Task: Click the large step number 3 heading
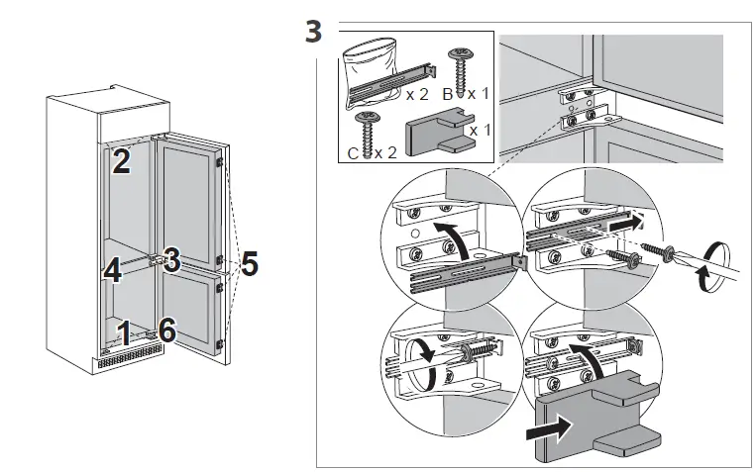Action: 312,32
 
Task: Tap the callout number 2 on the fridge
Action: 120,160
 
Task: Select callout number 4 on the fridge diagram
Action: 112,270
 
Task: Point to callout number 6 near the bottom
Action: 167,330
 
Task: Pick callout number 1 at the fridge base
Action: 124,331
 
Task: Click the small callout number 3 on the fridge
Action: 171,261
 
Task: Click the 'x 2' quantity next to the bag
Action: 417,96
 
